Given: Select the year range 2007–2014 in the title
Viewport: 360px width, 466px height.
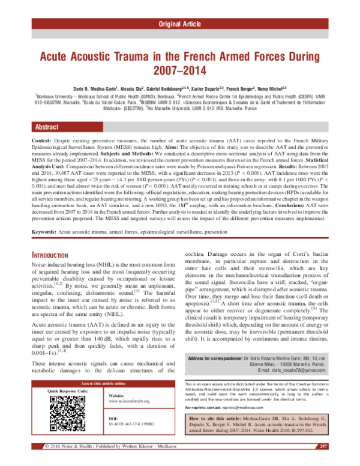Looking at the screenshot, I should [x=180, y=71].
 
